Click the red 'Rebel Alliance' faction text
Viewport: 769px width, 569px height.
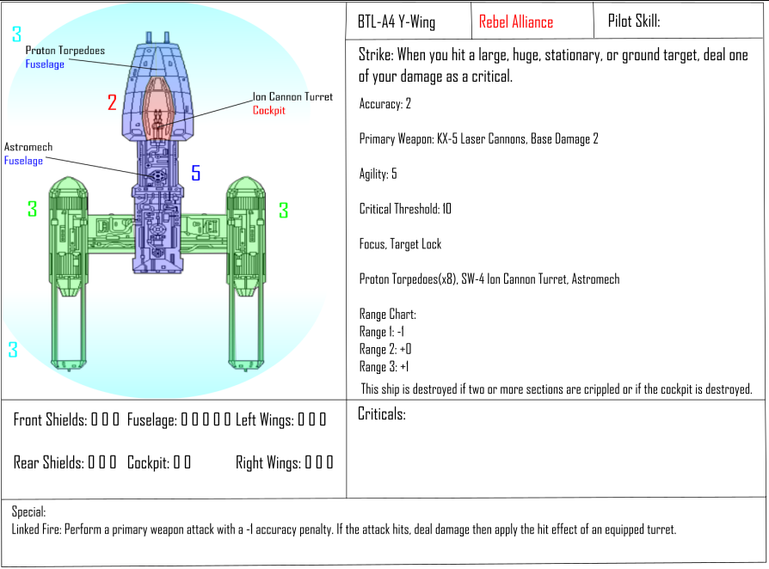516,22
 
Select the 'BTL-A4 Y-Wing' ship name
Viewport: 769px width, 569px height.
397,22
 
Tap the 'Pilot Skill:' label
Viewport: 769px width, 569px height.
634,21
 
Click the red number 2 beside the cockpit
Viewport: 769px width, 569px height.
113,102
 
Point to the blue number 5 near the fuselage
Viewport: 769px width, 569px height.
195,173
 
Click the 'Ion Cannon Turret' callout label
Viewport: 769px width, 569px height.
292,96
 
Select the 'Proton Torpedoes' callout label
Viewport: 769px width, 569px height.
65,51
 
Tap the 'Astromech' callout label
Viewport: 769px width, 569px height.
28,146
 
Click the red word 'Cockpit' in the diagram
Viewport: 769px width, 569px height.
268,110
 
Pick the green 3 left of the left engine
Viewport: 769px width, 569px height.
33,209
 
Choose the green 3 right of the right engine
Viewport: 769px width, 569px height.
284,211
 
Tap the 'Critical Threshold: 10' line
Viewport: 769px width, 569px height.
405,209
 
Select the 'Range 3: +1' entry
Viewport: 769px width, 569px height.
384,367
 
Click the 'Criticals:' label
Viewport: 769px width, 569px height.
382,414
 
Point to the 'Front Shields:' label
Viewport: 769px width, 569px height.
50,419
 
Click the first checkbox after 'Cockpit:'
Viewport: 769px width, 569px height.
176,462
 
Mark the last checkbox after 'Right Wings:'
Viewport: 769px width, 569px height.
329,462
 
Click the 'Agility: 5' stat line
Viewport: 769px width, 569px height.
378,174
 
